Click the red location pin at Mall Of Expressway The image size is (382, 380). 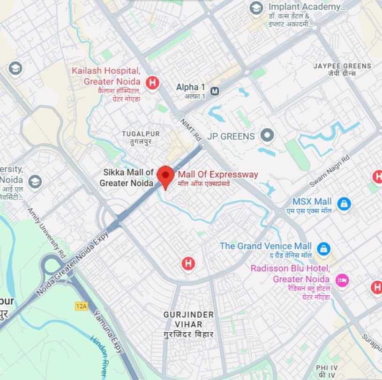click(165, 175)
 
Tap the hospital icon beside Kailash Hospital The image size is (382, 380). click(152, 83)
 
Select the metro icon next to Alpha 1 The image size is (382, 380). click(215, 90)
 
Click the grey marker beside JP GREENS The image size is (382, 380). click(267, 136)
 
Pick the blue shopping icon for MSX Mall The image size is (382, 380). click(344, 204)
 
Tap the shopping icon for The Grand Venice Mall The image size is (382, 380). click(323, 248)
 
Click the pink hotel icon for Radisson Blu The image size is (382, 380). click(342, 280)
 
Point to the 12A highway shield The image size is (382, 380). click(81, 306)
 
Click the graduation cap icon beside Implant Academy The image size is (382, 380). click(256, 8)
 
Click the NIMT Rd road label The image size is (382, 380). click(190, 129)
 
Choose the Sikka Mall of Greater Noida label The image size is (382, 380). click(127, 178)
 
